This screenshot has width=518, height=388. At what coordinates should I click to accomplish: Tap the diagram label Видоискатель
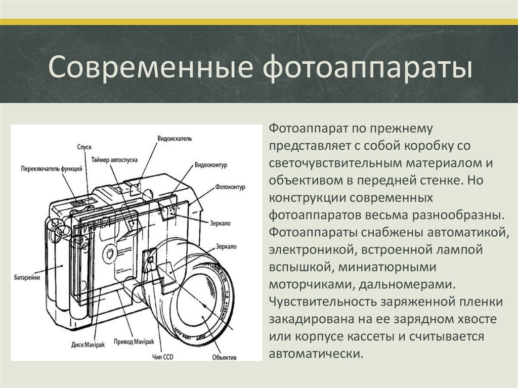pyautogui.click(x=175, y=139)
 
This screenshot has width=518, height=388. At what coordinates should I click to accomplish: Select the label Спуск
pyautogui.click(x=84, y=147)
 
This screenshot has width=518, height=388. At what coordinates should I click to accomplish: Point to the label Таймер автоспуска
pyautogui.click(x=114, y=160)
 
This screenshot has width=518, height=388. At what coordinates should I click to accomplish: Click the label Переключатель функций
pyautogui.click(x=52, y=169)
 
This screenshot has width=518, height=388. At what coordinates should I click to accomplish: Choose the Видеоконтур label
pyautogui.click(x=211, y=165)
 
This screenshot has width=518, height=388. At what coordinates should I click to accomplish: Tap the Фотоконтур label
pyautogui.click(x=230, y=187)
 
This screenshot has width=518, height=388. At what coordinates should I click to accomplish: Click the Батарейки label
pyautogui.click(x=27, y=277)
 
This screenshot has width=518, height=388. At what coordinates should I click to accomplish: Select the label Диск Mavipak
pyautogui.click(x=88, y=345)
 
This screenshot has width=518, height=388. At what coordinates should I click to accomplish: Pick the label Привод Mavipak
pyautogui.click(x=134, y=342)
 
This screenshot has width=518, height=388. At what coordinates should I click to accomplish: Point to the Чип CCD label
pyautogui.click(x=163, y=357)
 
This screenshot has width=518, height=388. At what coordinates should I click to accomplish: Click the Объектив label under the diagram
pyautogui.click(x=224, y=358)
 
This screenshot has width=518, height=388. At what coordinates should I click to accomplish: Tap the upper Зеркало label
pyautogui.click(x=221, y=224)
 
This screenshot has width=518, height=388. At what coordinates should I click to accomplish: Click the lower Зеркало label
pyautogui.click(x=226, y=246)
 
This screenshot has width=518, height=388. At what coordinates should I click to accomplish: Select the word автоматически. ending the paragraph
pyautogui.click(x=316, y=354)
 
